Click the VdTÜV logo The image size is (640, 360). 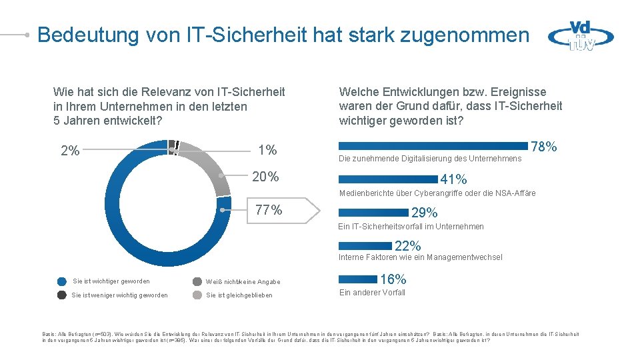(581, 35)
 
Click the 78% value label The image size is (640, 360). (544, 147)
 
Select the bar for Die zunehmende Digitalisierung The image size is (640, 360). (433, 145)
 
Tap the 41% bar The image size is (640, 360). (388, 179)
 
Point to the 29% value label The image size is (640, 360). (425, 213)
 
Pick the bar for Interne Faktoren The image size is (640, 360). (366, 246)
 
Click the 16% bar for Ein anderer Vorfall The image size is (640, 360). (358, 279)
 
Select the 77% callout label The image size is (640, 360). (269, 210)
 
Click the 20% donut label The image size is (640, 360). (265, 177)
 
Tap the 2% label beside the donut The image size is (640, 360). (70, 151)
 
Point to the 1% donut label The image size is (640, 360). (267, 150)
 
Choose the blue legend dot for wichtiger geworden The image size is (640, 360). (62, 281)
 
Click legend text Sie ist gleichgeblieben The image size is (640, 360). (239, 295)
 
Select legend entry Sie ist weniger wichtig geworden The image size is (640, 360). (119, 295)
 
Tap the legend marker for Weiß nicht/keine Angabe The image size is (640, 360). (197, 281)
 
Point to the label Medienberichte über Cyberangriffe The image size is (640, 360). (437, 193)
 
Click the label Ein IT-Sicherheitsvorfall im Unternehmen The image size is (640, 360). (411, 227)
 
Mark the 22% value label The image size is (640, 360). (408, 246)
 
